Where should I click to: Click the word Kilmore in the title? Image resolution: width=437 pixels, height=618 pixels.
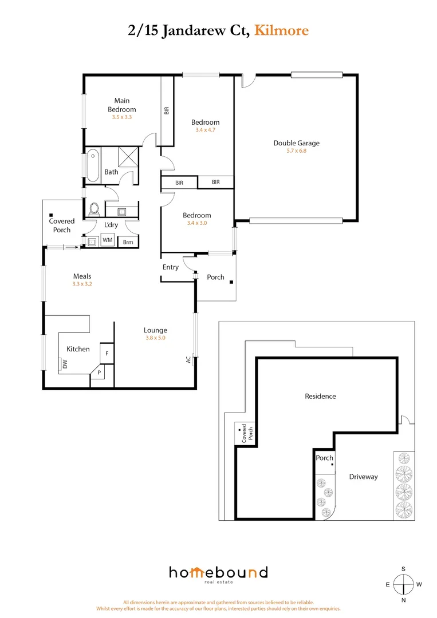click(281, 30)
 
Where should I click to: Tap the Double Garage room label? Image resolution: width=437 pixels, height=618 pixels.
click(296, 143)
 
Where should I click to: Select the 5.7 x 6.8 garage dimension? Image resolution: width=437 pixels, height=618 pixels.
click(296, 151)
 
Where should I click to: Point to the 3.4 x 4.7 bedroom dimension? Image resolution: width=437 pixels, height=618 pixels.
click(205, 130)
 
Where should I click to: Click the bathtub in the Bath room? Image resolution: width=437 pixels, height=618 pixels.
click(93, 167)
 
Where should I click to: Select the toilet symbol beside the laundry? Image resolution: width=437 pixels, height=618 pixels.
click(95, 208)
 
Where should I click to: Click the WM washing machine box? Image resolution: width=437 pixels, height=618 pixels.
click(107, 241)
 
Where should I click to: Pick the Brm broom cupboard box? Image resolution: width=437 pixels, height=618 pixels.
click(128, 242)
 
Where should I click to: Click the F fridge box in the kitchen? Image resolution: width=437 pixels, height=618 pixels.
click(107, 353)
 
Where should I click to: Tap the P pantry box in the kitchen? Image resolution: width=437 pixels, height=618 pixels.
click(99, 373)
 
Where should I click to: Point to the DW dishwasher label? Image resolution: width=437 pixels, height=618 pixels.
click(65, 364)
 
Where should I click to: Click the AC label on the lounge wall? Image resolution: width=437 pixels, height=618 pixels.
click(188, 360)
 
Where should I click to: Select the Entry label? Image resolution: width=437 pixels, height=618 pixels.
click(171, 268)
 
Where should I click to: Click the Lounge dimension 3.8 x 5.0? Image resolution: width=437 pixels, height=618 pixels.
click(155, 338)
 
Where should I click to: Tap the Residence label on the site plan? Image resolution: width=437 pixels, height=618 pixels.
click(320, 396)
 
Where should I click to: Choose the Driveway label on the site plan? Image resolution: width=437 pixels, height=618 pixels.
click(363, 476)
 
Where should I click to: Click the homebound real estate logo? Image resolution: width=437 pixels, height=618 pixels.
click(218, 574)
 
